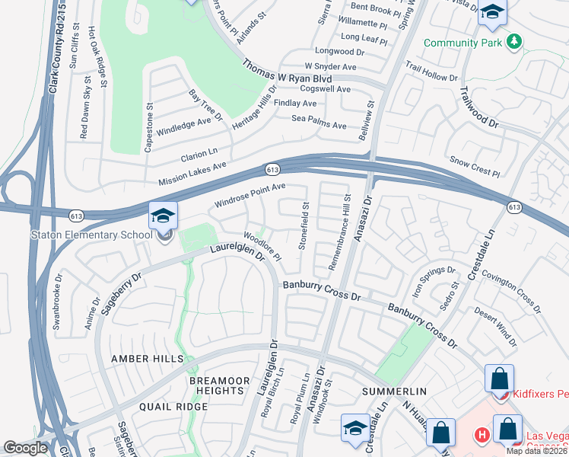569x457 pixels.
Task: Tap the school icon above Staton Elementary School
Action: pyautogui.click(x=163, y=217)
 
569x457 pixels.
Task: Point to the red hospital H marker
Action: pyautogui.click(x=481, y=436)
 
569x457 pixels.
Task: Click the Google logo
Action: pyautogui.click(x=26, y=448)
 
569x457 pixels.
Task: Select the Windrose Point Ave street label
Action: pyautogui.click(x=250, y=195)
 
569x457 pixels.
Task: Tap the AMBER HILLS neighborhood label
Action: pyautogui.click(x=148, y=359)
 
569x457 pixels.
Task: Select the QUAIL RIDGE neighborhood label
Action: pyautogui.click(x=173, y=407)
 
